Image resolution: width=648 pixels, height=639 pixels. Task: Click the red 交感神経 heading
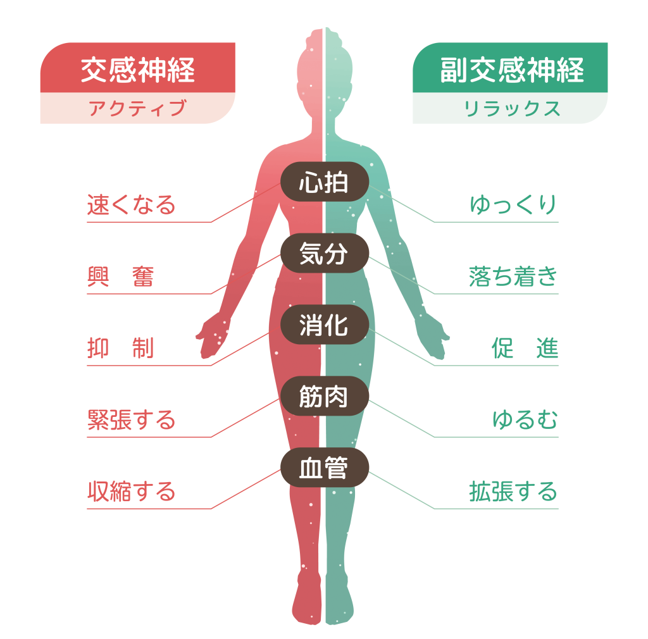click(137, 70)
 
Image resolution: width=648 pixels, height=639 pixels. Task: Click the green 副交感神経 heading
click(511, 70)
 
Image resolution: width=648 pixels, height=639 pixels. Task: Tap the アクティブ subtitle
click(137, 108)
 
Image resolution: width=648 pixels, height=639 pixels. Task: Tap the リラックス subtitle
click(511, 108)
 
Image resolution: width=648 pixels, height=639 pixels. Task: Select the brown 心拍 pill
click(325, 182)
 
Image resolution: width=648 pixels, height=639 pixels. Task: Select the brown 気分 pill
click(325, 253)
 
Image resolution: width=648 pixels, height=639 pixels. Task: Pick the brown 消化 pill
click(325, 325)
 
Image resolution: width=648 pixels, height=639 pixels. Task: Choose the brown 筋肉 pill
click(325, 396)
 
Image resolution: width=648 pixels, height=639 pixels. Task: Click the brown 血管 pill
click(325, 468)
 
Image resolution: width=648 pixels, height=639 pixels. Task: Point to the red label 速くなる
click(131, 205)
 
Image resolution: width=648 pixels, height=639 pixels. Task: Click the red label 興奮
click(120, 276)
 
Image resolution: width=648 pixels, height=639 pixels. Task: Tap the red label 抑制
click(120, 348)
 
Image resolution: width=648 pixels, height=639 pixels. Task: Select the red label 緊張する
click(131, 419)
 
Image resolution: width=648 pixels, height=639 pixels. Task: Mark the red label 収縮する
click(131, 492)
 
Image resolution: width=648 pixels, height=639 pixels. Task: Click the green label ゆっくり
click(514, 205)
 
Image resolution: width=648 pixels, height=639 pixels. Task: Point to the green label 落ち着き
click(514, 276)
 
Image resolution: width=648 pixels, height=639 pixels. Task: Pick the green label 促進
click(525, 348)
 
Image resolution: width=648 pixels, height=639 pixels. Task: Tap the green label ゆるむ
click(525, 419)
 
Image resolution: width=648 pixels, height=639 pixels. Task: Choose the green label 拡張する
click(514, 492)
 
